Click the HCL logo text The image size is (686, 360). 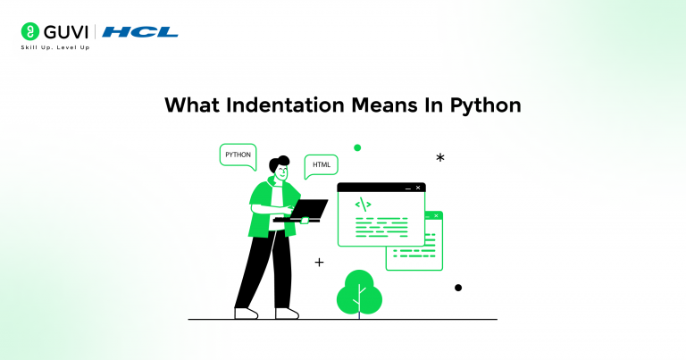click(140, 32)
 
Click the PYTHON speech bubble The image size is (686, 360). click(238, 155)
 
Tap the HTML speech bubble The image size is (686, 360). click(321, 166)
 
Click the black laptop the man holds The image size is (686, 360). click(304, 211)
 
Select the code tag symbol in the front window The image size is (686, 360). click(363, 205)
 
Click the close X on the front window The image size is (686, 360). click(417, 188)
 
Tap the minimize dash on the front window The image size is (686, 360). click(407, 188)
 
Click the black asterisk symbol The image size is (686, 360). click(440, 157)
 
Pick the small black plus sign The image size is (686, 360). click(319, 263)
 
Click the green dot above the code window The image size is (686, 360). click(357, 147)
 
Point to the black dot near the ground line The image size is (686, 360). click(458, 288)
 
